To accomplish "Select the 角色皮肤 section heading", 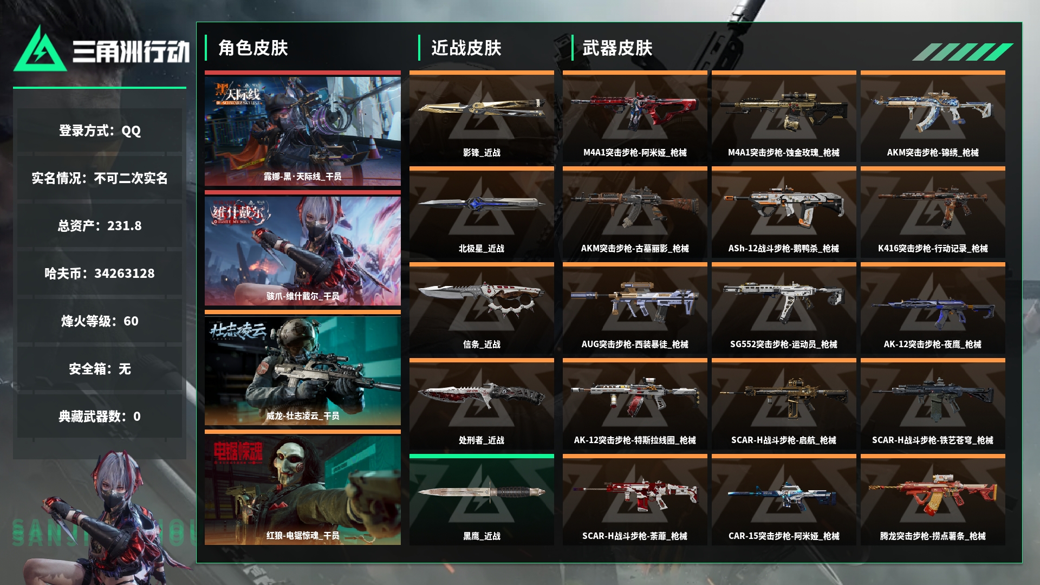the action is point(253,48).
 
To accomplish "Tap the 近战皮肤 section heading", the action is point(466,48).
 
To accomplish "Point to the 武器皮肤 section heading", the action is point(617,48).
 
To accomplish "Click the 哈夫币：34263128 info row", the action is point(100,273).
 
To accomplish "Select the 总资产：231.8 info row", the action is point(100,225).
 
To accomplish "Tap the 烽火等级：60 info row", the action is point(100,321).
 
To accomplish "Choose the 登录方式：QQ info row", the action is point(100,130).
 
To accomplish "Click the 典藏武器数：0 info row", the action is point(100,416).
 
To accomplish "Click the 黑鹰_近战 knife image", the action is point(481,492).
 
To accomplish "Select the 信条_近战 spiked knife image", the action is point(481,298).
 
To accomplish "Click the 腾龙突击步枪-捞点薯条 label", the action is point(933,536).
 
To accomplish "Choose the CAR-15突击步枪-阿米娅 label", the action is point(784,536).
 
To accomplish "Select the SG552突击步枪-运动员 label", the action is point(784,344).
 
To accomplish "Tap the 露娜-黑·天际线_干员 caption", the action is point(303,177).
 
